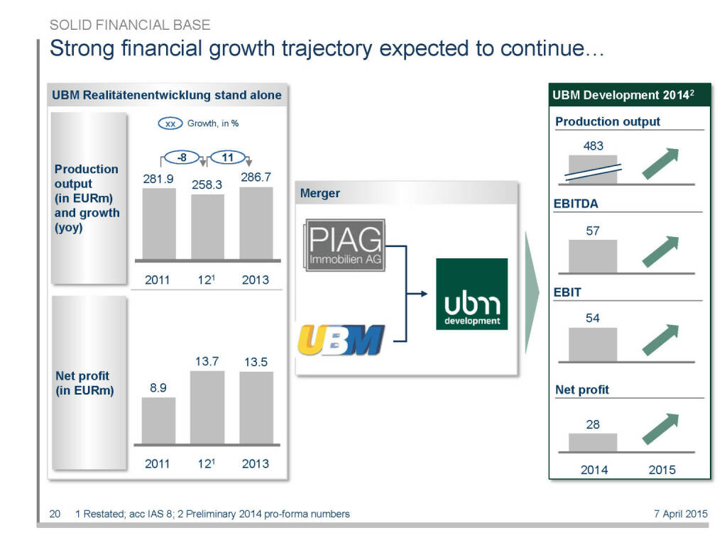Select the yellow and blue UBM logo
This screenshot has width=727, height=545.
[x=341, y=340]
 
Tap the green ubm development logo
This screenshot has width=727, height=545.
[x=471, y=294]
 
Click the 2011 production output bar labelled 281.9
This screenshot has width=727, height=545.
[x=159, y=224]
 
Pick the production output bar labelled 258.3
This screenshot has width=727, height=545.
[x=207, y=227]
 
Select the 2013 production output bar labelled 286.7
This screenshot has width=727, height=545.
[x=256, y=223]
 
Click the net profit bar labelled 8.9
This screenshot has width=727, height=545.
[x=158, y=421]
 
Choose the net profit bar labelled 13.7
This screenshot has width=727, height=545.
[x=207, y=407]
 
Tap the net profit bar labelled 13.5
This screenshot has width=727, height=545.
[x=256, y=408]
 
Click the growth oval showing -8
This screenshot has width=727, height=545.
[x=182, y=157]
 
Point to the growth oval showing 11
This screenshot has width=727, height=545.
[x=228, y=157]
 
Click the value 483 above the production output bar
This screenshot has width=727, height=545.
[x=593, y=146]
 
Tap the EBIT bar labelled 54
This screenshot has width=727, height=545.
[x=593, y=344]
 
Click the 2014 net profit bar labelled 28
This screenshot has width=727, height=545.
[x=593, y=442]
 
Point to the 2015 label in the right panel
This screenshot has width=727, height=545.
[x=662, y=470]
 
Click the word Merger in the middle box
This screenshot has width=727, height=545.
[x=319, y=193]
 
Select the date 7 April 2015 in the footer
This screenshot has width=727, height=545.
[x=680, y=514]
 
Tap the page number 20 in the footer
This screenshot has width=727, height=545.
[x=55, y=514]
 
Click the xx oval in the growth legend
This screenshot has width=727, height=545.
[x=170, y=123]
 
